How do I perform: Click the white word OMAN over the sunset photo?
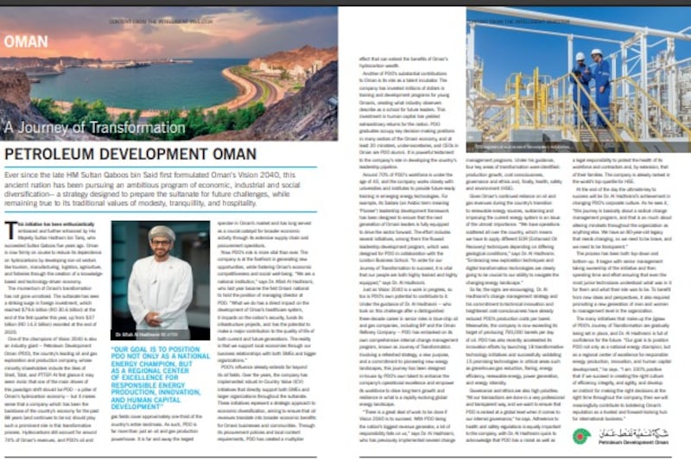tap(26, 40)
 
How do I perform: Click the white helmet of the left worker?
tap(579, 57)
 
